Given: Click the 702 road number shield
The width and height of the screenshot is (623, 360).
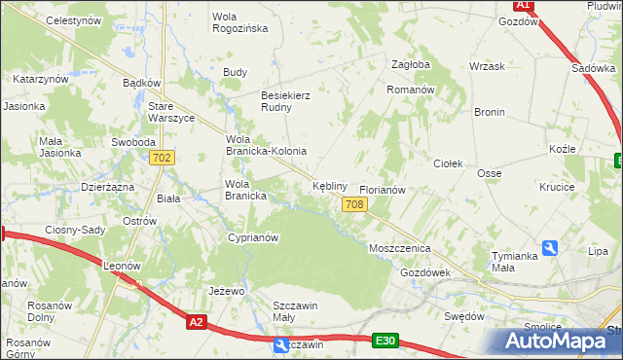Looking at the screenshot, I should tap(163, 158).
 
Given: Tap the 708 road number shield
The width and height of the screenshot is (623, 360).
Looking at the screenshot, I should tap(354, 203).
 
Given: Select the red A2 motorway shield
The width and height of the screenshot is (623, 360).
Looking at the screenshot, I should tap(197, 322).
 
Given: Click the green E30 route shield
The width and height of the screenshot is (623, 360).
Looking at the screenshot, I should tap(385, 341).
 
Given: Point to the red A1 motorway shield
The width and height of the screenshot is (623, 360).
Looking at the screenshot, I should tap(523, 5).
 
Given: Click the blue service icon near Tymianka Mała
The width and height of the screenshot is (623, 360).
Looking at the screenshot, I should tap(550, 248).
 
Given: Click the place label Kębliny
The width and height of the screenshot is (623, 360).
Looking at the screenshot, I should tap(330, 185).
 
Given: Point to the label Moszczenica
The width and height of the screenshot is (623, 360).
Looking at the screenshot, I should tap(399, 248).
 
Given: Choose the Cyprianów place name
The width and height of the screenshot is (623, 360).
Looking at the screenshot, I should tap(253, 237).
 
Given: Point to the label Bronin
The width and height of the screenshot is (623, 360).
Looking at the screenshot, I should tap(489, 113).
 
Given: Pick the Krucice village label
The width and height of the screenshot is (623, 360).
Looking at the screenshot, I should tap(558, 187).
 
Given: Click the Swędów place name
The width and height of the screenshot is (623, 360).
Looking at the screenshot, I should tap(463, 316).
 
